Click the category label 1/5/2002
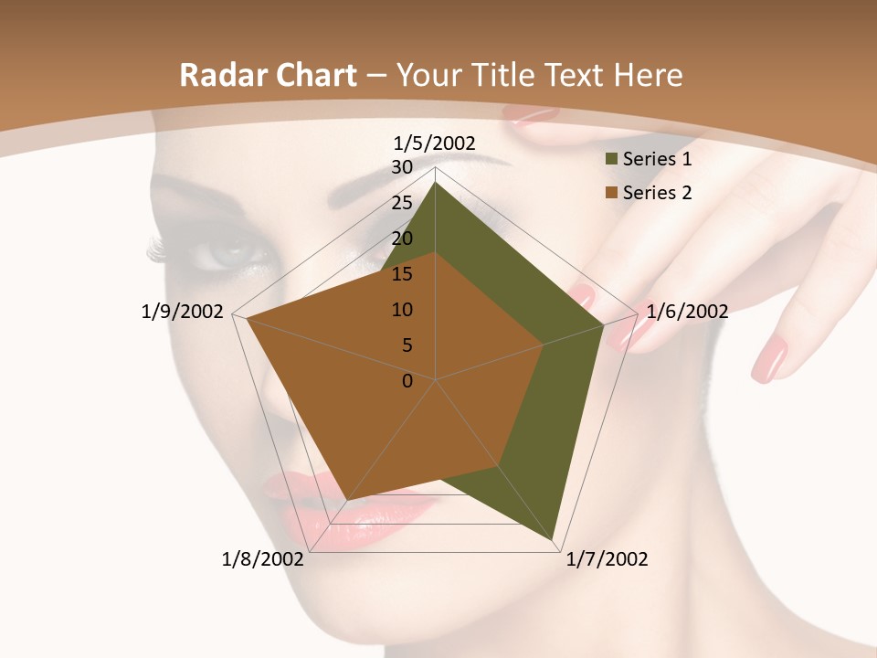click(435, 143)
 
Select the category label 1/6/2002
click(687, 312)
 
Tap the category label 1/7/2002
click(608, 559)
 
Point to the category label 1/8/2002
click(263, 559)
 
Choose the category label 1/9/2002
click(183, 312)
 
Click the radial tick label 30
click(402, 167)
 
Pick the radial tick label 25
click(402, 203)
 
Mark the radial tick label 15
click(402, 274)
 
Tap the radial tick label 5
click(407, 345)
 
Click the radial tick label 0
click(407, 381)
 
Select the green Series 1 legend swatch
click(611, 159)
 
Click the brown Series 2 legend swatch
click(611, 192)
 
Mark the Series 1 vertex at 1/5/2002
click(436, 183)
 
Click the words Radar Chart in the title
click(268, 75)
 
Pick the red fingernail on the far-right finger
click(769, 358)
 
